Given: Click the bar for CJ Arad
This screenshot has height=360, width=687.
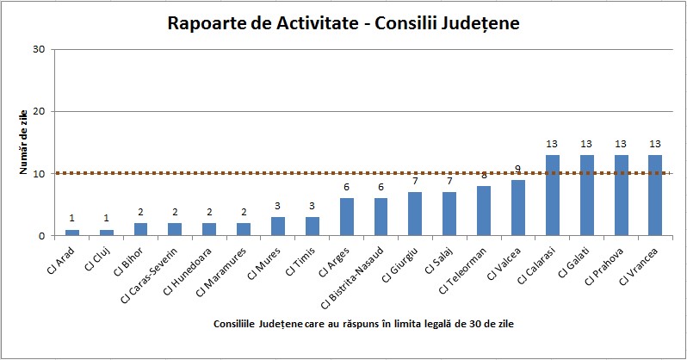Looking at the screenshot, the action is pos(71,233).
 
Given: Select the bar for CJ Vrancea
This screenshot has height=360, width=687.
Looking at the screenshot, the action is pos(655,196).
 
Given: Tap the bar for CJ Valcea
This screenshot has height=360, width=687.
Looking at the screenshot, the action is pos(518,208).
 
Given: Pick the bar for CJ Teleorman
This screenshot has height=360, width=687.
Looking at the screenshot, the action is pos(484,211).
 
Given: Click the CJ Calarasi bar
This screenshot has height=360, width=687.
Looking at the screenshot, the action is pos(553,196).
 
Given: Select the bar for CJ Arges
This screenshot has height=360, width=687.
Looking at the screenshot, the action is pos(347,217).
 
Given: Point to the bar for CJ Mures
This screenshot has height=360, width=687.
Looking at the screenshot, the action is pos(278,227).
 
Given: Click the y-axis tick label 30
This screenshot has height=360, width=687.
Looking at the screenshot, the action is pos(39,49).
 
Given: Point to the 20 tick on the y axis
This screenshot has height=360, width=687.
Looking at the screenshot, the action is pos(39,111).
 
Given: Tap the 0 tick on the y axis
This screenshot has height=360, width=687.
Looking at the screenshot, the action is pos(41,236).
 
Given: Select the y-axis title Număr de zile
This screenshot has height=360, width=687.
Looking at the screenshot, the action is pos(23,142).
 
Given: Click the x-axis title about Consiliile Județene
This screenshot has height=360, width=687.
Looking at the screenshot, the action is pos(363,324).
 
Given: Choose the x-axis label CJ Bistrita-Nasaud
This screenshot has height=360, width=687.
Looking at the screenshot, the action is pos(353,277).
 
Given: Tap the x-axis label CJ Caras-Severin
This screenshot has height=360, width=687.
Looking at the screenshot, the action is pos(150,275).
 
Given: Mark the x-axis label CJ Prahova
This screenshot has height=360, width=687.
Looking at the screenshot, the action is pos(604,267).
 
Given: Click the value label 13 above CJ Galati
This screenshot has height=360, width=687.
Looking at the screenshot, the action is pos(586,144).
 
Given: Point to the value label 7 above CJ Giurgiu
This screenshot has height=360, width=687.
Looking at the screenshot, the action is pos(415,181).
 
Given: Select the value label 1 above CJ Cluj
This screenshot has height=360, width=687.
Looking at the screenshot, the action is pos(106,219).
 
